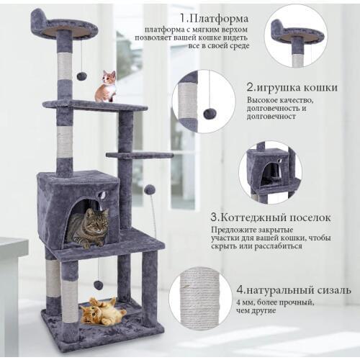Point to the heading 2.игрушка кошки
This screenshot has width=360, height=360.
coord(292,87)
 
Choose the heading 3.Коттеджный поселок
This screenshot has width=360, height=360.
coord(271,217)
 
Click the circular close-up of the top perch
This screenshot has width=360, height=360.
coord(296,34)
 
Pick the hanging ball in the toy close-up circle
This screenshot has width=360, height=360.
coord(210,114)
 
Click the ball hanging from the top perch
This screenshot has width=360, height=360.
coord(81,76)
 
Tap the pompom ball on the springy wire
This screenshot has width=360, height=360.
coord(150,189)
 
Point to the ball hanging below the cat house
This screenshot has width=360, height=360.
coord(98,284)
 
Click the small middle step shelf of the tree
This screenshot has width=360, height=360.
coord(139,155)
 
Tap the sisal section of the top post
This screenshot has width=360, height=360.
coord(65,66)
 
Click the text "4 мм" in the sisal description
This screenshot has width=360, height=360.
coord(245,303)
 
